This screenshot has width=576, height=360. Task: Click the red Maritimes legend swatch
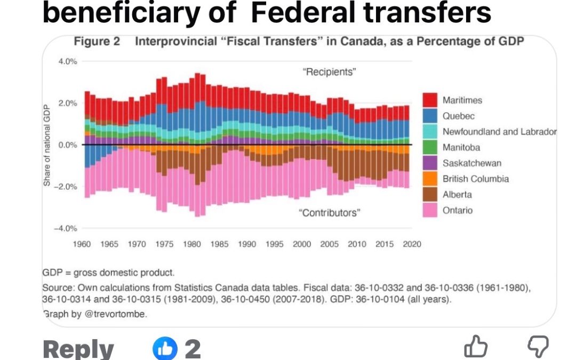(430, 100)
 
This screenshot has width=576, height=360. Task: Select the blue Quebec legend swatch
(430, 116)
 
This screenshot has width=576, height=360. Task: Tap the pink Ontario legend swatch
(430, 210)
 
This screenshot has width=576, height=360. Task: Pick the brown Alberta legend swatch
(430, 195)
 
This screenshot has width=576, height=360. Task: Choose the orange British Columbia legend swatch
(430, 179)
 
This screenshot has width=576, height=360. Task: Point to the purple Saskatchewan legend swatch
(430, 163)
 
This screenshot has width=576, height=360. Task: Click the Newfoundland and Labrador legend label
(499, 132)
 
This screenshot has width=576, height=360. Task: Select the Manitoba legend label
(461, 147)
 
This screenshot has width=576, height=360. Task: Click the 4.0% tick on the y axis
(68, 61)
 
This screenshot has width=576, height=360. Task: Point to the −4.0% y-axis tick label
(66, 228)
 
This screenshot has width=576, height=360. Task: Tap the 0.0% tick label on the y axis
(68, 145)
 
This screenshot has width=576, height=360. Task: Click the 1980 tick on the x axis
(191, 244)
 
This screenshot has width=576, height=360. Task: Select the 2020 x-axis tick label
(412, 244)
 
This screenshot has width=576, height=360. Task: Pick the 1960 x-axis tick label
(82, 244)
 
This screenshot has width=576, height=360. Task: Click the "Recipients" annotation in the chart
(330, 72)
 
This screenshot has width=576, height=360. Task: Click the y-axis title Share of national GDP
(47, 145)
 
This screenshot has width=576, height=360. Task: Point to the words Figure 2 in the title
(97, 42)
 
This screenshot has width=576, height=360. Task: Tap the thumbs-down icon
(538, 347)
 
